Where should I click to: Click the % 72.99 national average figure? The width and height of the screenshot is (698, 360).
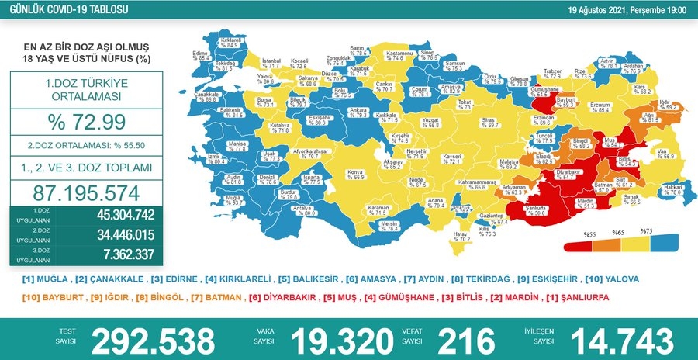pos(81,123)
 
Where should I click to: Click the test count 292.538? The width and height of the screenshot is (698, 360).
pos(153,340)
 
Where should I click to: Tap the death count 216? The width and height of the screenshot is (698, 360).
pos(467,340)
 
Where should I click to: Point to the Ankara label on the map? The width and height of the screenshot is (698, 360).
pos(336,113)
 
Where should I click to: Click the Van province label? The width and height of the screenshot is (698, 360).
pos(660,154)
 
